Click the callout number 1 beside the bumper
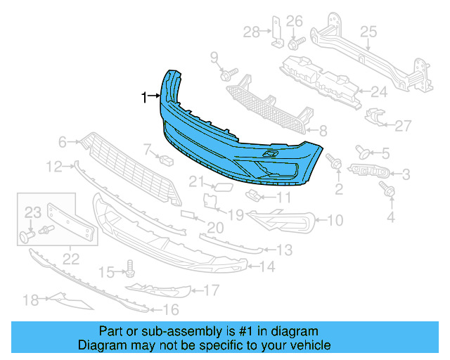(144, 97)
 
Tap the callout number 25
(368, 31)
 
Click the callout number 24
(379, 91)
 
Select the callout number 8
(323, 131)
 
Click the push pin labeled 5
(364, 150)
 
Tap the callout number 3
(406, 173)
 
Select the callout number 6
(63, 143)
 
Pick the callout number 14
(266, 267)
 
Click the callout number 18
(30, 301)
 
